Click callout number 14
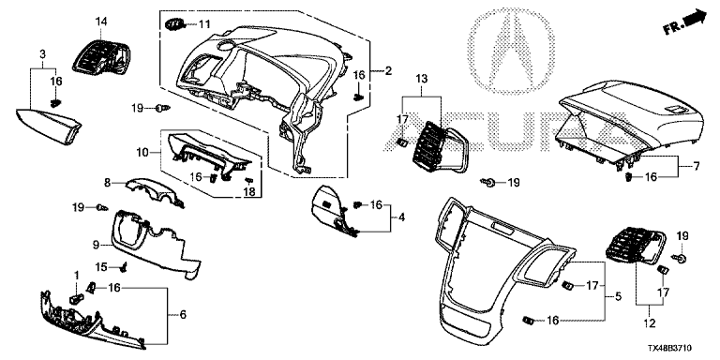101,22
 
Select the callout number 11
204,23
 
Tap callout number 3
43,54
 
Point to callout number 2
388,70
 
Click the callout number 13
422,79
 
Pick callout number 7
697,166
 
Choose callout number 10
143,152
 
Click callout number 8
108,183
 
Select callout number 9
96,246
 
